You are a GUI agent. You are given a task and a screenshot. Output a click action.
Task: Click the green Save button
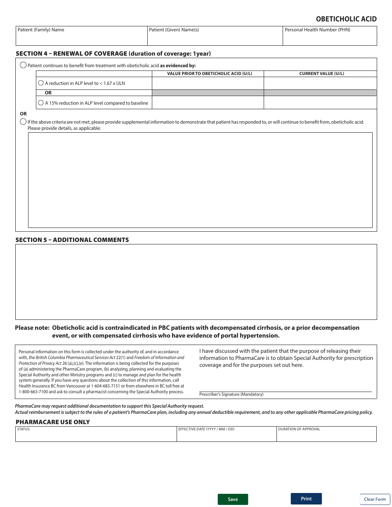click(x=233, y=499)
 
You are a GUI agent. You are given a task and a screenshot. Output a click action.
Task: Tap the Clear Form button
click(x=375, y=499)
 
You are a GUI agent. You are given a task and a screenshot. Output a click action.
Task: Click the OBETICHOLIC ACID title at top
click(x=346, y=19)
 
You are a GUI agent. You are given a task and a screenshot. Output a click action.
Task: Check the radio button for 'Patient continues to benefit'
click(x=23, y=65)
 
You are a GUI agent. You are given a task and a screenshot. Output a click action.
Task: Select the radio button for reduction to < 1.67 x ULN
click(x=41, y=83)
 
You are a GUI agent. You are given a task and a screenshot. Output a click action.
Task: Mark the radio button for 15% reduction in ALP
click(x=41, y=103)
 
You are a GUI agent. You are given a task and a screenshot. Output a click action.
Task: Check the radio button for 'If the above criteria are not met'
click(x=23, y=122)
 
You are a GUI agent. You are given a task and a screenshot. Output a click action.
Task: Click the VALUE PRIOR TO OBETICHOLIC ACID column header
click(x=209, y=74)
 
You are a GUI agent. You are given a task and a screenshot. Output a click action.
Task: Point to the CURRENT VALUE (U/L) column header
click(x=321, y=74)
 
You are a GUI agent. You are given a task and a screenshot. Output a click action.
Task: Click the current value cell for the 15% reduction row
click(x=320, y=103)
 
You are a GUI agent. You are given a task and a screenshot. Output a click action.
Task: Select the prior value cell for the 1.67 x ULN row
click(x=208, y=83)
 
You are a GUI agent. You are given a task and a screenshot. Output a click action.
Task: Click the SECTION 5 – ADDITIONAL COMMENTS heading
click(x=72, y=240)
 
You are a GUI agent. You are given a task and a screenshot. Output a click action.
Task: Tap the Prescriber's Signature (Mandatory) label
click(x=231, y=394)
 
